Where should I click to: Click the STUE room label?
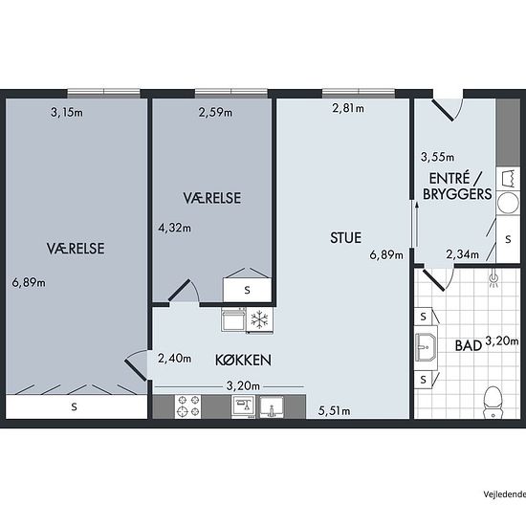pos(345,238)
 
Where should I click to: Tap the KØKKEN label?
pos(243,360)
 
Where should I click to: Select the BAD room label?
pos(469,346)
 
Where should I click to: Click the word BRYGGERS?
pos(457,194)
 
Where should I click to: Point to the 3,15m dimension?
pos(67,112)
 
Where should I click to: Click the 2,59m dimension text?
pos(215,112)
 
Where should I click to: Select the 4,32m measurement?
pos(174,228)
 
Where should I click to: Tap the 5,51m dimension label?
pos(334,411)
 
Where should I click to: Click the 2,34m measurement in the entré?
pos(462,254)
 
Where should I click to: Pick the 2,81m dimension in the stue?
pos(348,108)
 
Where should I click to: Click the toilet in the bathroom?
pos(493,403)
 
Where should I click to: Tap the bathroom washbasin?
pos(426,347)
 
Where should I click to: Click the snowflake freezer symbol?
pos(259,319)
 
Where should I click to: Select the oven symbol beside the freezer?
pos(233,319)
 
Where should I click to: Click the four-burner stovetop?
pos(187,406)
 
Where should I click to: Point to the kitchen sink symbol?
pos(272,406)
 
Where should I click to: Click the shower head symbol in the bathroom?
pos(493,278)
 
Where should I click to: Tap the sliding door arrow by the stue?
pos(416,224)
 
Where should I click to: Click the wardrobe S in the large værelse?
pos(75,406)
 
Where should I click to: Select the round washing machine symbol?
pos(508,203)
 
